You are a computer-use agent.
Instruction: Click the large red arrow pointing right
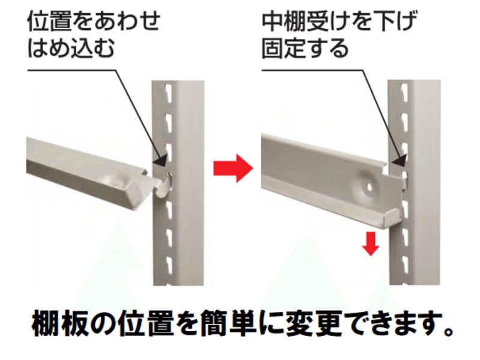pos(233,168)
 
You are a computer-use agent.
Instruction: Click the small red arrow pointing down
pos(371,244)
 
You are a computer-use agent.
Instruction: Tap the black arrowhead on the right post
pos(400,160)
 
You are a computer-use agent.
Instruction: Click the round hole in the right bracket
pos(369,187)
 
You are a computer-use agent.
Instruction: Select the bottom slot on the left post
pos(169,263)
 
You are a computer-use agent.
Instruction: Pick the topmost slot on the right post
pos(405,90)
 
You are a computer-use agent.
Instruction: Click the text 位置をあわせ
pos(94,21)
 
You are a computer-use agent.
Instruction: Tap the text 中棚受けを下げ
pos(340,22)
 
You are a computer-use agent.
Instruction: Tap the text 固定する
pos(305,48)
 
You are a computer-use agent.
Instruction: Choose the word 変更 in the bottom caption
pos(314,323)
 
